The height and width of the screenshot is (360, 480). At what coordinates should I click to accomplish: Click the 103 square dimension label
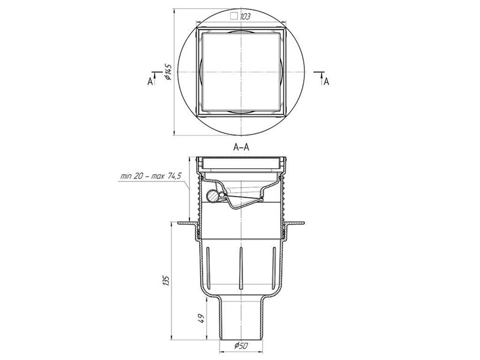[x=241, y=16]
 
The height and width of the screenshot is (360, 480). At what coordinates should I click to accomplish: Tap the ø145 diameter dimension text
[x=168, y=73]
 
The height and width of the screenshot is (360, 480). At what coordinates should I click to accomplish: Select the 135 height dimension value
[x=165, y=281]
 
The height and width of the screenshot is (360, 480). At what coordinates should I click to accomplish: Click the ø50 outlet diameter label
[x=241, y=346]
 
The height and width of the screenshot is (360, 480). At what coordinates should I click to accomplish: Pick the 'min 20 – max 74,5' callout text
[x=151, y=176]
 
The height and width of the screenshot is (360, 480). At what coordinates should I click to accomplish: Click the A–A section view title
[x=241, y=147]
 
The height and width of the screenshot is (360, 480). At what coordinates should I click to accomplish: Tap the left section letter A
[x=150, y=81]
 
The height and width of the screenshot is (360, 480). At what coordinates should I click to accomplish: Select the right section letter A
[x=327, y=81]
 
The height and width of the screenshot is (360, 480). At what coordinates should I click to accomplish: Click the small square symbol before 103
[x=234, y=16]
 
